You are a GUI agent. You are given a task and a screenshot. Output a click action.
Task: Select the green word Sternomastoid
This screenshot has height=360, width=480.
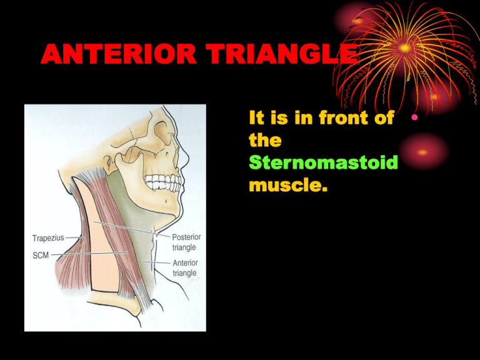(322, 162)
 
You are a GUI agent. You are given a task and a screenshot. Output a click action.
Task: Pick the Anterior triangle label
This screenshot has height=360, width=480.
(186, 267)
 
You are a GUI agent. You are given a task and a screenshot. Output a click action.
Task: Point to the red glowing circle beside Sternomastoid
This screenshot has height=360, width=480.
(424, 151)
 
